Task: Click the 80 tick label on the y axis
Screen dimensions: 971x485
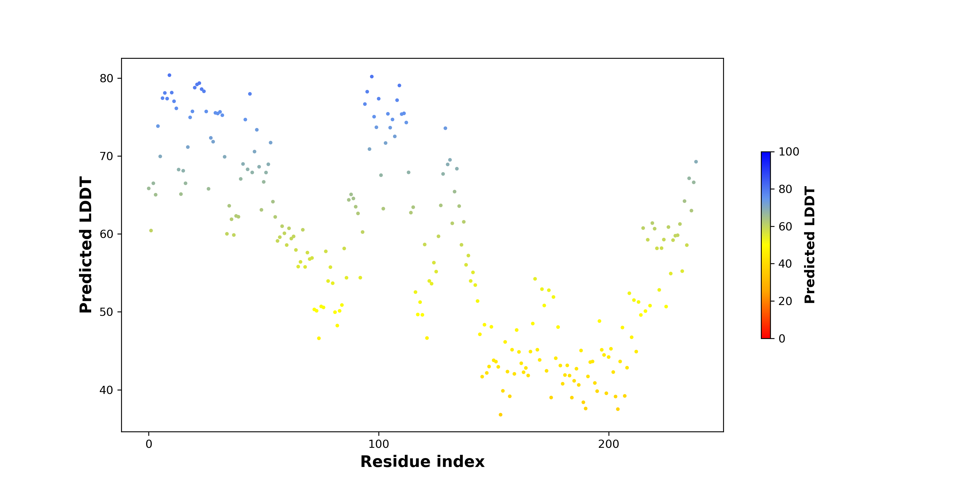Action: click(x=106, y=78)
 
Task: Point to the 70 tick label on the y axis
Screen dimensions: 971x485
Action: click(x=106, y=156)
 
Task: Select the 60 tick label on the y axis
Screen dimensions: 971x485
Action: click(x=106, y=234)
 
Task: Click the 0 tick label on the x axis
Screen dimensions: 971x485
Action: click(x=149, y=444)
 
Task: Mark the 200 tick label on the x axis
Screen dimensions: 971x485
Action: click(x=608, y=444)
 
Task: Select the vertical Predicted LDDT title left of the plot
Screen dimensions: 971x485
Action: click(x=86, y=245)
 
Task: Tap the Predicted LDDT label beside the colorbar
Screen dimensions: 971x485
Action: click(x=810, y=245)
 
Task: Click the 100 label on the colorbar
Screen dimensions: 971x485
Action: click(x=789, y=152)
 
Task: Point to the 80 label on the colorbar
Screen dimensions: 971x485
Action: click(x=785, y=189)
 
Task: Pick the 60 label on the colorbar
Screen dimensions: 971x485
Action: click(x=785, y=226)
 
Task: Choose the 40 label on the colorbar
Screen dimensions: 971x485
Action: click(x=785, y=264)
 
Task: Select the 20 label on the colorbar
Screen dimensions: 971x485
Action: click(x=785, y=301)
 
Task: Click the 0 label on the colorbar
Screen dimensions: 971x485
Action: click(x=782, y=338)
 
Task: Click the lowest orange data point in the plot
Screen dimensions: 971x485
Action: click(x=501, y=415)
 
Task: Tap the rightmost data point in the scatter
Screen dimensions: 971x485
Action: click(x=696, y=162)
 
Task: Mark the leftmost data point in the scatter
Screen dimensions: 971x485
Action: click(x=149, y=188)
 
